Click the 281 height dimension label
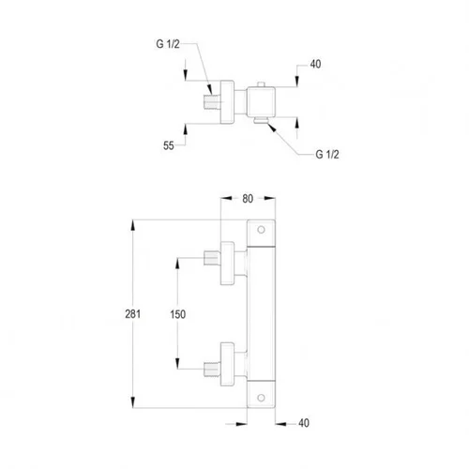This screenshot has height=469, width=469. pyautogui.click(x=132, y=314)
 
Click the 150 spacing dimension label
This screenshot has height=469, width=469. pyautogui.click(x=177, y=314)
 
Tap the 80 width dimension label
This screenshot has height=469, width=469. pyautogui.click(x=248, y=199)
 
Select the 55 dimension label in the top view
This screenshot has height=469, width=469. pyautogui.click(x=169, y=145)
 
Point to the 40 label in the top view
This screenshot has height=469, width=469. pyautogui.click(x=315, y=64)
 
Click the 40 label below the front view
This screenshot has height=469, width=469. pyautogui.click(x=304, y=423)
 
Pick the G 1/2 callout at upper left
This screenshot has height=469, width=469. pyautogui.click(x=168, y=44)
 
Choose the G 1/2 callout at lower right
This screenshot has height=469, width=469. pyautogui.click(x=327, y=154)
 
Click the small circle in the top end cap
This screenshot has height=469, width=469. pyautogui.click(x=261, y=230)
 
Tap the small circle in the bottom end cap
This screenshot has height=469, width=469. pyautogui.click(x=261, y=398)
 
